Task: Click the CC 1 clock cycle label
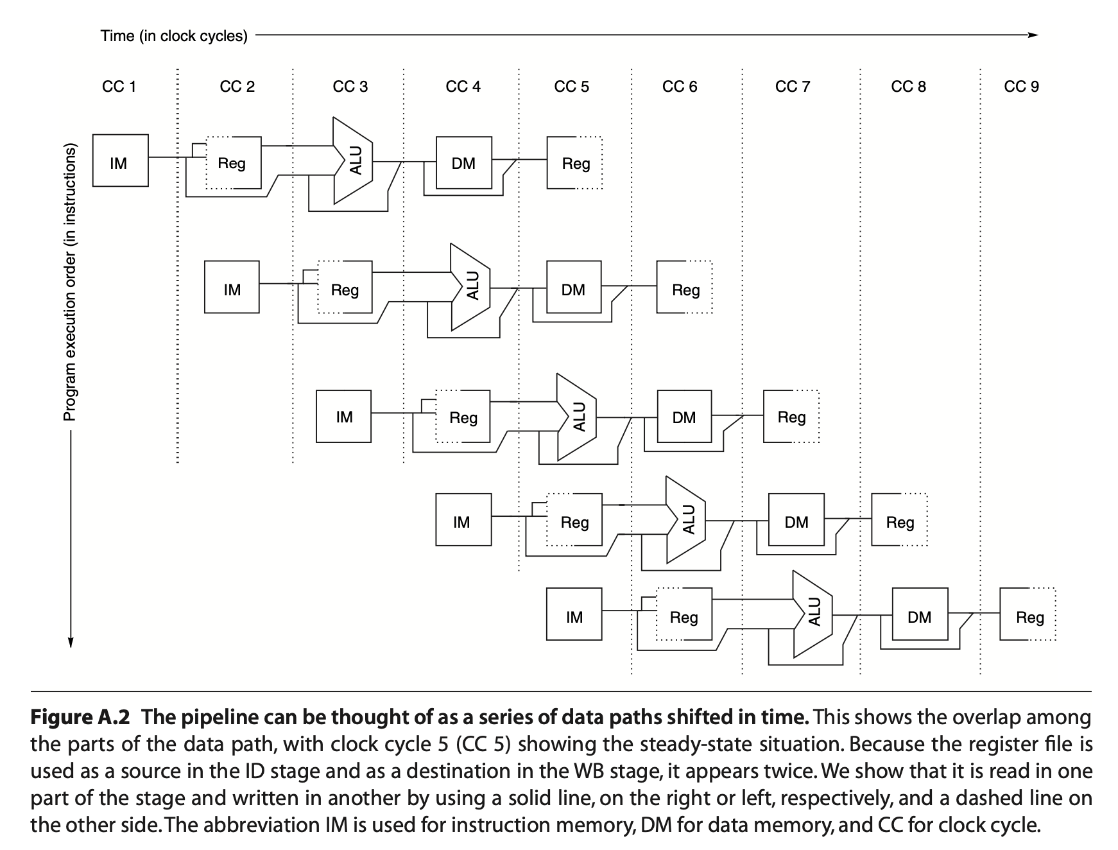point(119,87)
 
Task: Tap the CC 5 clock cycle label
point(571,87)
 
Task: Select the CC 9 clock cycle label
point(1021,87)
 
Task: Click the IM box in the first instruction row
point(120,160)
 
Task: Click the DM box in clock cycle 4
point(463,163)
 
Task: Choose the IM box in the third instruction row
point(343,416)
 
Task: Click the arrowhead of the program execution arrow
point(71,642)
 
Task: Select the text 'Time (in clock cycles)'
point(173,36)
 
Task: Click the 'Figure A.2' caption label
point(81,716)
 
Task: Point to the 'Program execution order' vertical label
point(70,282)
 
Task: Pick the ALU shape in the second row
point(471,286)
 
